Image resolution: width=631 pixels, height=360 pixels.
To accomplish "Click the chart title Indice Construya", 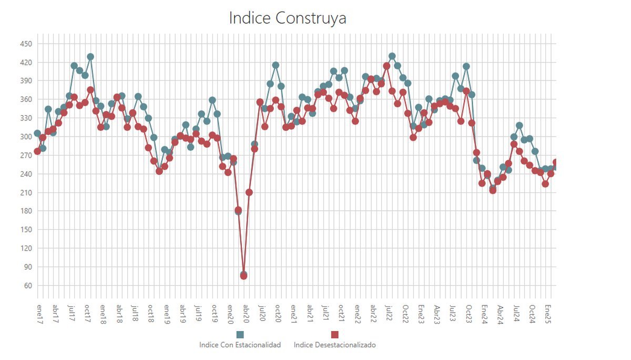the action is [287, 18].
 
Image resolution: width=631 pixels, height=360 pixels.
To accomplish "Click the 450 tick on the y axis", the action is [26, 44].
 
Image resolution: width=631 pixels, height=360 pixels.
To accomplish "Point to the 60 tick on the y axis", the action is [28, 286].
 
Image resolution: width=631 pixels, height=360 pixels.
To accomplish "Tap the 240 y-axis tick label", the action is [26, 174].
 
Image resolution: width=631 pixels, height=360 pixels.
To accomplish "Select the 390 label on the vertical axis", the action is [26, 81].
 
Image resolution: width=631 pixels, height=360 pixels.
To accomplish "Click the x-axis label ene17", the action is [40, 314].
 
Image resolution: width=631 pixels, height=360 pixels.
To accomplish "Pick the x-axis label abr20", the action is [246, 314].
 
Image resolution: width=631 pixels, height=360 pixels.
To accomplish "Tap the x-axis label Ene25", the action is [547, 314].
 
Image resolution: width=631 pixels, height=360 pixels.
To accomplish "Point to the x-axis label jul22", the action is [389, 313].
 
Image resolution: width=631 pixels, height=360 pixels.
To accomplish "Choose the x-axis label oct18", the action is [151, 313].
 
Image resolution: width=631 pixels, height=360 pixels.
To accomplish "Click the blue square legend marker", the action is [240, 335].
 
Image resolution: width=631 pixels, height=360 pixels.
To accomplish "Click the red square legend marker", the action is [334, 335].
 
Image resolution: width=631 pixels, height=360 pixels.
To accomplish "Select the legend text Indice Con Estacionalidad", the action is [240, 345].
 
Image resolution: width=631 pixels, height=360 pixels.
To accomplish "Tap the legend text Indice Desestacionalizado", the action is [334, 345].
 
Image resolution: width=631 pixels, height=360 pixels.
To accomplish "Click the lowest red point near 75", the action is [243, 276].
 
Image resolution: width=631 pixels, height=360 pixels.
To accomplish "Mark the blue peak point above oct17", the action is [90, 57].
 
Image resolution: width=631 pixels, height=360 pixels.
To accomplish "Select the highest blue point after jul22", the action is [392, 56].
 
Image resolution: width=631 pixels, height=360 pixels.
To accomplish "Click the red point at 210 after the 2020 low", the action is [249, 192].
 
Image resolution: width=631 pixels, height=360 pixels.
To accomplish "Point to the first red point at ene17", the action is [37, 151].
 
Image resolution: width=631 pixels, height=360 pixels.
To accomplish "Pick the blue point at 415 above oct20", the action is [276, 65].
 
